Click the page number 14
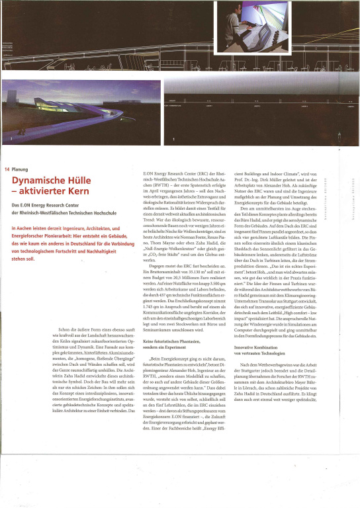tap(6, 169)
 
